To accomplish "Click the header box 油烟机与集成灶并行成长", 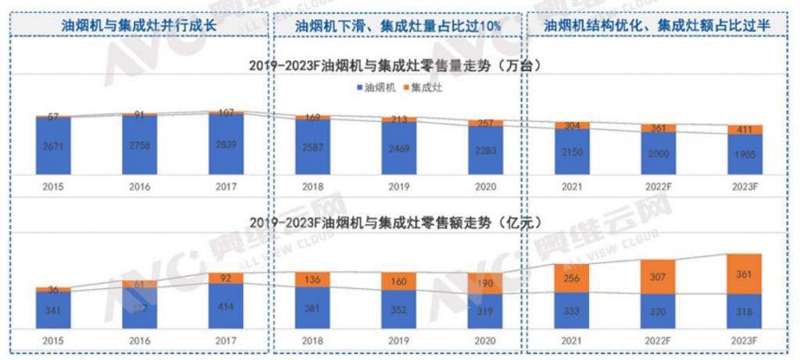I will pyautogui.click(x=138, y=25).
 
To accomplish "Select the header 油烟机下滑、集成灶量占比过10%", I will pyautogui.click(x=398, y=25).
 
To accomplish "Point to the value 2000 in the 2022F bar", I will pyautogui.click(x=658, y=154).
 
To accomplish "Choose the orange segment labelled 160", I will pyautogui.click(x=399, y=281).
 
